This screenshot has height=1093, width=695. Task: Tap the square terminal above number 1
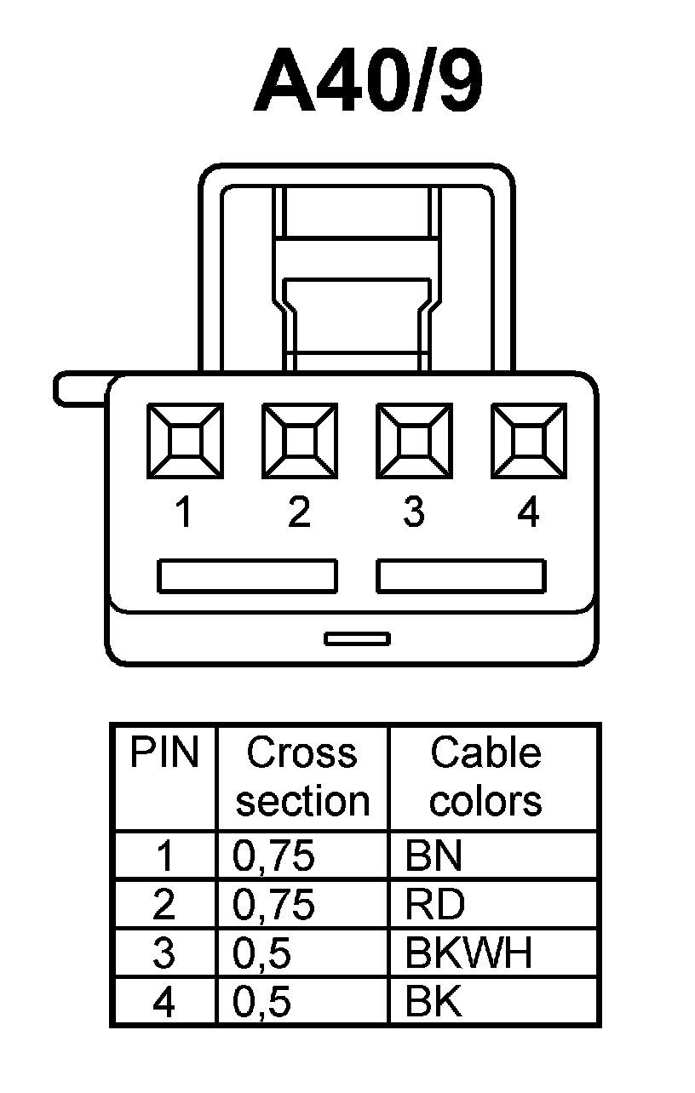(185, 441)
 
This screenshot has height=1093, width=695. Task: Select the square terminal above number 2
(299, 441)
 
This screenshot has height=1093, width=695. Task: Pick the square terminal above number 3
(414, 441)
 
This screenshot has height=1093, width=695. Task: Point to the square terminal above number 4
(528, 441)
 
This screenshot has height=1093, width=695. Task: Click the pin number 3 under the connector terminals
(414, 512)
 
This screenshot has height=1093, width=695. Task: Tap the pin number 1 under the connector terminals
(183, 512)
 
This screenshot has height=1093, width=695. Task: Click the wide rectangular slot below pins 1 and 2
(247, 576)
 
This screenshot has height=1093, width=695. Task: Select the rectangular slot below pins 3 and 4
(461, 576)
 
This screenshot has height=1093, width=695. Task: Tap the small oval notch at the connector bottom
(358, 638)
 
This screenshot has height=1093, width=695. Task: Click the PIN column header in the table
(164, 754)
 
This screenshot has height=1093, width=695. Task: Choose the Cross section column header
(302, 777)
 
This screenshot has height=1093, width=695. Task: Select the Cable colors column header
(485, 777)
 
